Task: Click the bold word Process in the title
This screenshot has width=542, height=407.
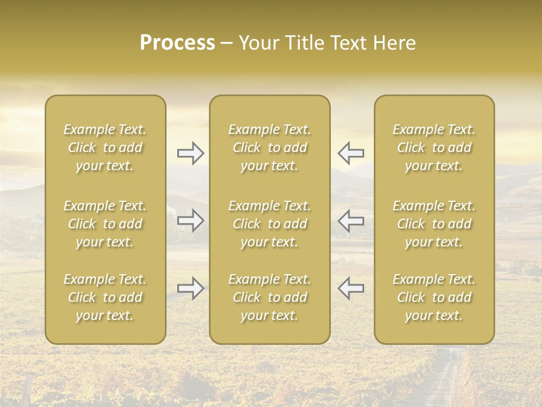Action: [177, 43]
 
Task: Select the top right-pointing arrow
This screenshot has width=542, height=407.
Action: [190, 153]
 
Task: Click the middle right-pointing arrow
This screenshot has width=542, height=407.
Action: [190, 220]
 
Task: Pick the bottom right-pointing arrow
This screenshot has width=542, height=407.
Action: [190, 288]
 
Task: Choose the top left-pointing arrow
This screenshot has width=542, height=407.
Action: [351, 153]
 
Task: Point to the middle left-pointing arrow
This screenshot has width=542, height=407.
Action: [351, 220]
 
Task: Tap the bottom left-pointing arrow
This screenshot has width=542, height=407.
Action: [351, 288]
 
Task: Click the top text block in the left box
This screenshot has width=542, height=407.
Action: [105, 148]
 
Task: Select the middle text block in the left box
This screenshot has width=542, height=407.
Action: [105, 224]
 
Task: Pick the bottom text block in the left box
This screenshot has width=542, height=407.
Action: [105, 297]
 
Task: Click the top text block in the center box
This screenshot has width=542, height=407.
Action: [269, 148]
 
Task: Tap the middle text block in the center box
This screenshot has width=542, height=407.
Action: [269, 224]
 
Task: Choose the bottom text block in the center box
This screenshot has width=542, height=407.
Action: [269, 297]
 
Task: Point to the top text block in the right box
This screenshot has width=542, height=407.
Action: [434, 148]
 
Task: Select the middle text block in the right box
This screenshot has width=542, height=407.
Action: [434, 224]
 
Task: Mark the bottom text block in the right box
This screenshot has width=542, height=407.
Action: [434, 297]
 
